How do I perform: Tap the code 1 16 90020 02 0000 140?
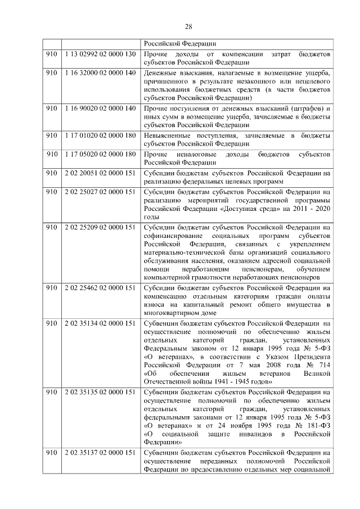(x=100, y=108)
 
